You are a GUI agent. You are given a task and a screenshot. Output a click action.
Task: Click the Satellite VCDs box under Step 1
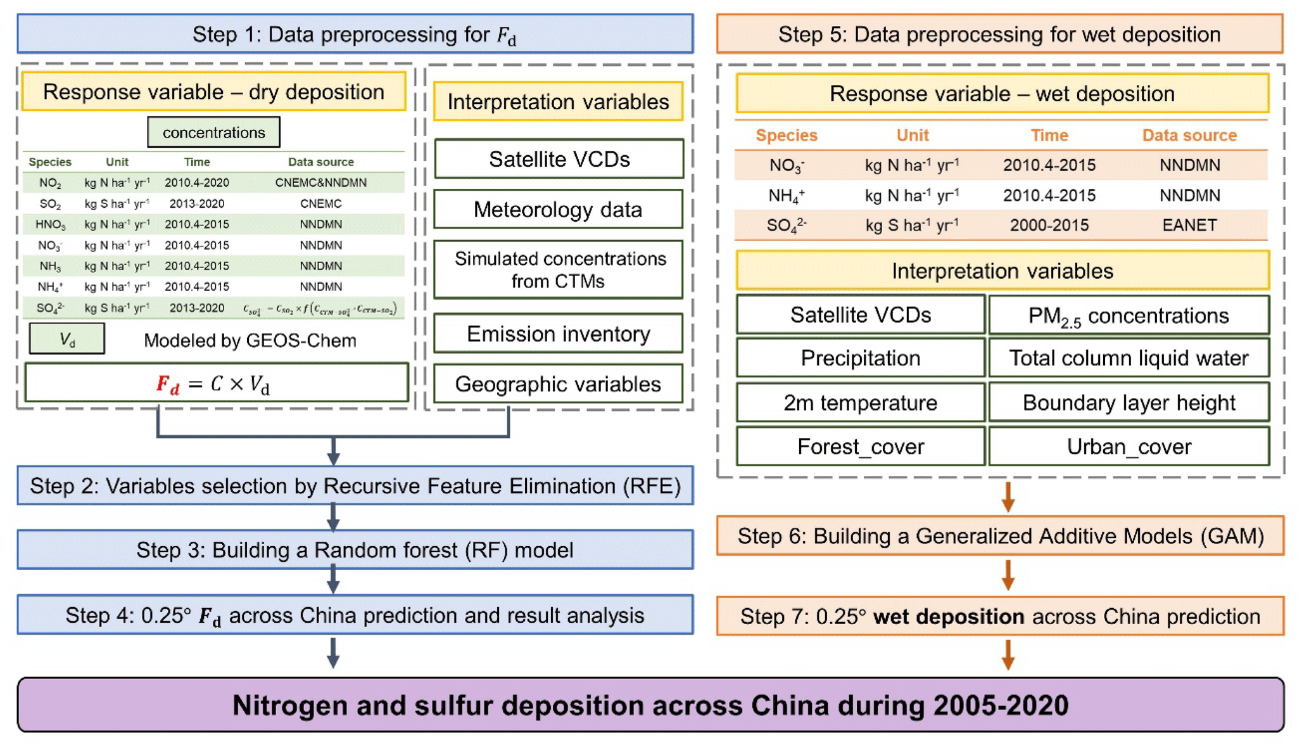point(559,159)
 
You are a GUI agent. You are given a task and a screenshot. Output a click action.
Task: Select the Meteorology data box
point(558,210)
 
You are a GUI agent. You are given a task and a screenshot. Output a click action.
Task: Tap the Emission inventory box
point(558,334)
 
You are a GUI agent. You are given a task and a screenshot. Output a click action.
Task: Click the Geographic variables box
point(558,384)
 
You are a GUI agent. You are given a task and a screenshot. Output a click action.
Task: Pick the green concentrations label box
point(213,132)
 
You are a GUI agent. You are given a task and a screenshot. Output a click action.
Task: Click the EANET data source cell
point(1189,225)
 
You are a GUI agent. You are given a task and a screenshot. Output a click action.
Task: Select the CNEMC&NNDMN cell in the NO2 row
point(320,182)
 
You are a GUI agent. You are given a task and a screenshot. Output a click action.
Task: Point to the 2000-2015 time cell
point(1049,225)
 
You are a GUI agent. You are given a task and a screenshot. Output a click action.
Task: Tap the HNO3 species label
point(50,224)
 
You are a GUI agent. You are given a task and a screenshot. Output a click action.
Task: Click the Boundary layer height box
point(1129,402)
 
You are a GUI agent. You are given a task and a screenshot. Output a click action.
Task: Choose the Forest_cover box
point(860,447)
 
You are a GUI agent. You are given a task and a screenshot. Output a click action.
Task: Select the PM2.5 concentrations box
point(1129,315)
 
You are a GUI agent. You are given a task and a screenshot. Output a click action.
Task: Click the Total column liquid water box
point(1129,358)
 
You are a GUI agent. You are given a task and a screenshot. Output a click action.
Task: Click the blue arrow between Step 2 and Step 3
point(333,517)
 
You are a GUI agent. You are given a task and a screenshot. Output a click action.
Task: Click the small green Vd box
point(67,339)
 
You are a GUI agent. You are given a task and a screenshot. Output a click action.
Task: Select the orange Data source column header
point(1189,135)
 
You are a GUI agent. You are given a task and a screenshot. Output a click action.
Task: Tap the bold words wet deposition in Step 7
point(948,616)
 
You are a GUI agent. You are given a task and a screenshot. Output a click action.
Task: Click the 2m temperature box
point(860,402)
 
